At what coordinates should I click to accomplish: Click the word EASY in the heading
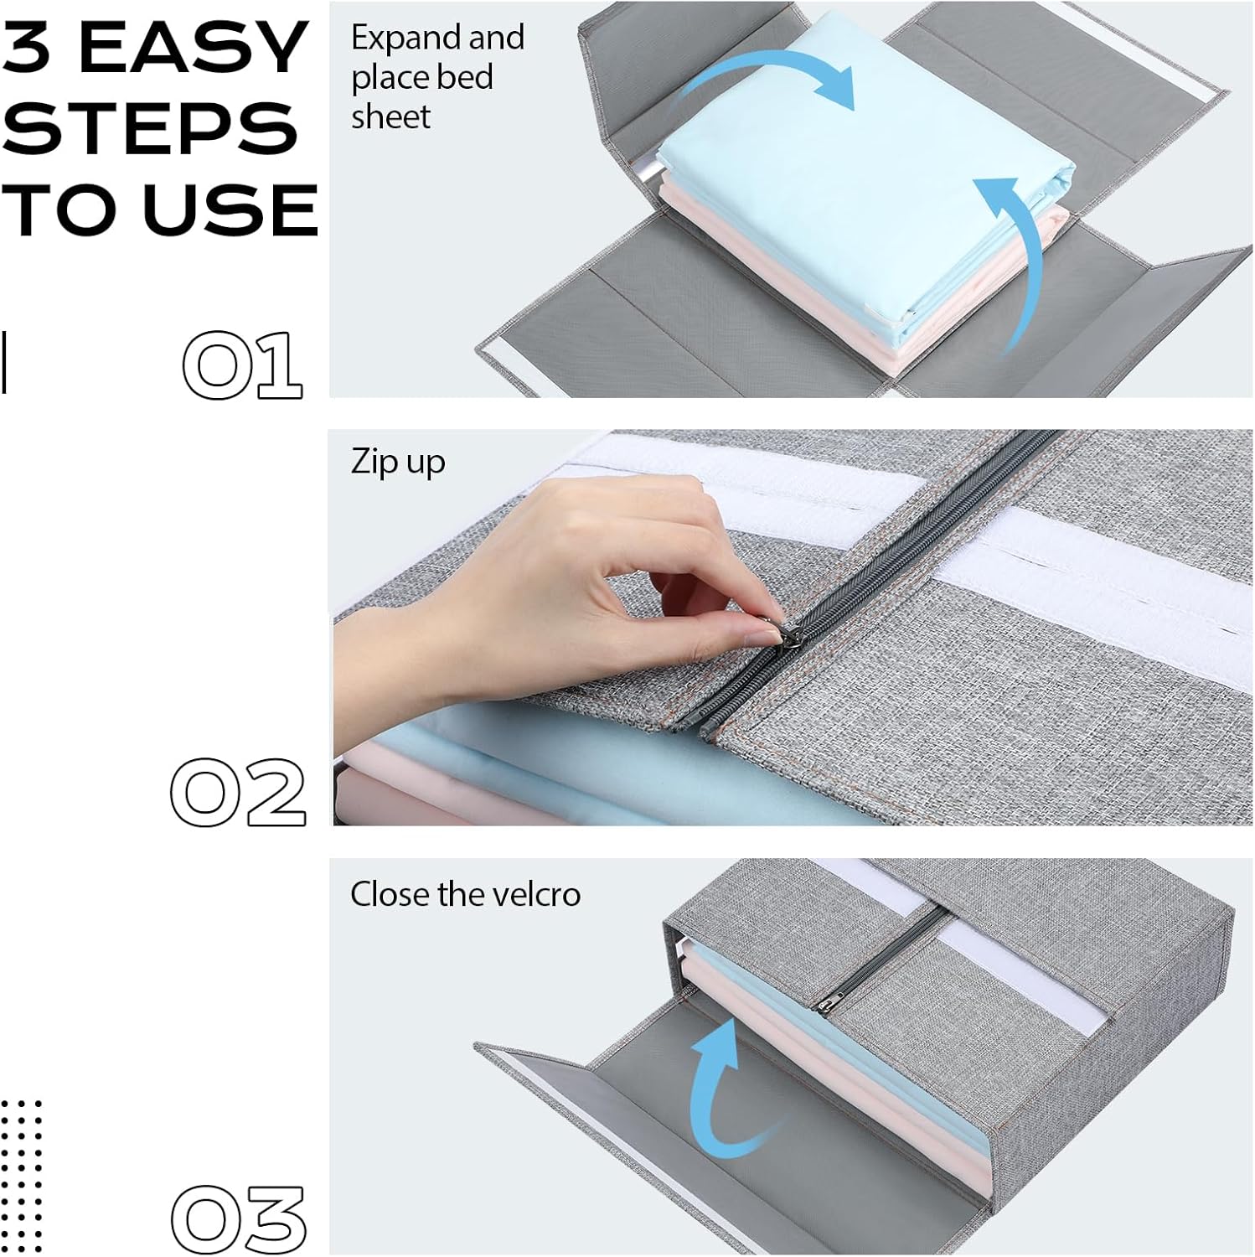pyautogui.click(x=193, y=48)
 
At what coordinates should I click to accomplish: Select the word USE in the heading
pyautogui.click(x=230, y=209)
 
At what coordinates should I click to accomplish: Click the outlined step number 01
pyautogui.click(x=242, y=365)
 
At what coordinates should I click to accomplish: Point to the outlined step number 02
pyautogui.click(x=238, y=793)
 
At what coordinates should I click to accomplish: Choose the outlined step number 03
pyautogui.click(x=239, y=1219)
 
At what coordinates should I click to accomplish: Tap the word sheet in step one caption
pyautogui.click(x=390, y=116)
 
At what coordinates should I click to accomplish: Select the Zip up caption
pyautogui.click(x=398, y=463)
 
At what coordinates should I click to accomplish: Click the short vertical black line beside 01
pyautogui.click(x=4, y=362)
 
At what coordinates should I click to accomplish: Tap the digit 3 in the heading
pyautogui.click(x=29, y=48)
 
